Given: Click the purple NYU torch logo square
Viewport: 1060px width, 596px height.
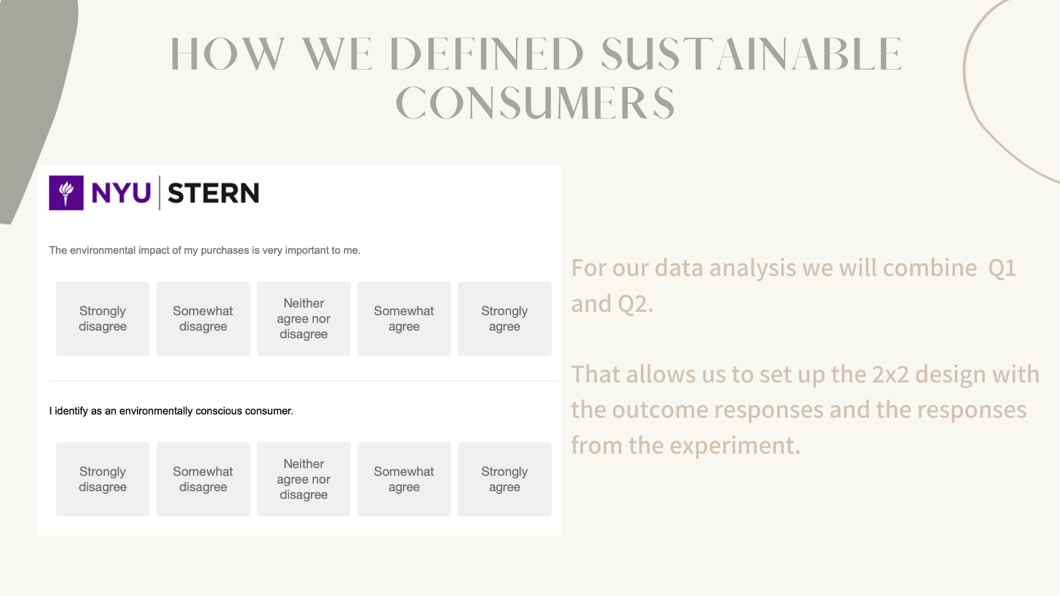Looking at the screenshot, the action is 66,193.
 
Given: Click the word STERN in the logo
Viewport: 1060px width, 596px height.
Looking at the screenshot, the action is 213,193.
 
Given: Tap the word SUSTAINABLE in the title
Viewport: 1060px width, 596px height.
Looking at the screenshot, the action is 751,54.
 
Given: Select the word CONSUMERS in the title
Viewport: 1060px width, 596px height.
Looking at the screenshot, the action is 535,103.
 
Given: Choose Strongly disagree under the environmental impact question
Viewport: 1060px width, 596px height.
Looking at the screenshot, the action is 103,318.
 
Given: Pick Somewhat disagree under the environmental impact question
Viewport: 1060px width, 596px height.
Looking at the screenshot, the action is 203,318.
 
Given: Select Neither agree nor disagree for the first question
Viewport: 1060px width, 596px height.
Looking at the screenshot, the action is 304,318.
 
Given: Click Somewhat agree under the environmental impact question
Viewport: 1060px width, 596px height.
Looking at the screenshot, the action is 404,318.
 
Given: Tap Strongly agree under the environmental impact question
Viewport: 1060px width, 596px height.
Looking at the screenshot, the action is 505,318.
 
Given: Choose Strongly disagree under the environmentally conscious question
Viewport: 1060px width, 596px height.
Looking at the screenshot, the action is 103,479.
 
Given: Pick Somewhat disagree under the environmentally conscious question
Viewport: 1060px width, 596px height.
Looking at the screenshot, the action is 203,479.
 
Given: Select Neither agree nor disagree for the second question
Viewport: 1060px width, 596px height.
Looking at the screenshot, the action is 304,479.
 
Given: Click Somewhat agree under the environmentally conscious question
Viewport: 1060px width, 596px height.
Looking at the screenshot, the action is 404,479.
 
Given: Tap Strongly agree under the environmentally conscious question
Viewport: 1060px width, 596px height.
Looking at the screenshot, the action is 505,479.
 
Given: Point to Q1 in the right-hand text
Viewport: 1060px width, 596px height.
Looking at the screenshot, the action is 1002,269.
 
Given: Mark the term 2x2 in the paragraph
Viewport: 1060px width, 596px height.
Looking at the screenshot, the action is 890,375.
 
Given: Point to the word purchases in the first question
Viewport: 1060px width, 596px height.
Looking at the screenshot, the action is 225,251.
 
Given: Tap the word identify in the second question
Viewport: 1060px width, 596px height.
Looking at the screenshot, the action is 71,411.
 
